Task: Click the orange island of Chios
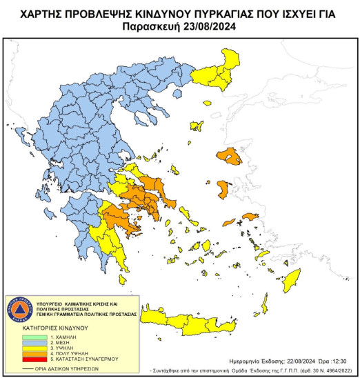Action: coord(223,188)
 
